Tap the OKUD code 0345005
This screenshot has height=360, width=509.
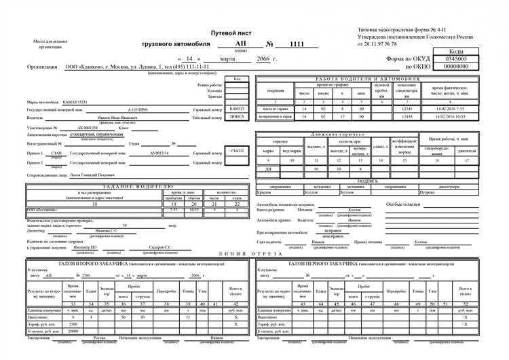[x=455, y=59]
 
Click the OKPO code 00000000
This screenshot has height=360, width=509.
[x=455, y=67]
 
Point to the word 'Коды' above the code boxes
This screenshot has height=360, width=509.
[x=456, y=52]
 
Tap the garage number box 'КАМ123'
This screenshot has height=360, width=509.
[x=237, y=109]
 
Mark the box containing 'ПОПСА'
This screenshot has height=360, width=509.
[x=237, y=117]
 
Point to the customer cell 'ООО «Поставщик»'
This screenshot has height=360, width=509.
[x=43, y=210]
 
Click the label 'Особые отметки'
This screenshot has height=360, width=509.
[x=404, y=204]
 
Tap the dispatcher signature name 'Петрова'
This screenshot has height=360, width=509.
[x=428, y=193]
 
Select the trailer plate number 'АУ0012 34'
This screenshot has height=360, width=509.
[x=160, y=154]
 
